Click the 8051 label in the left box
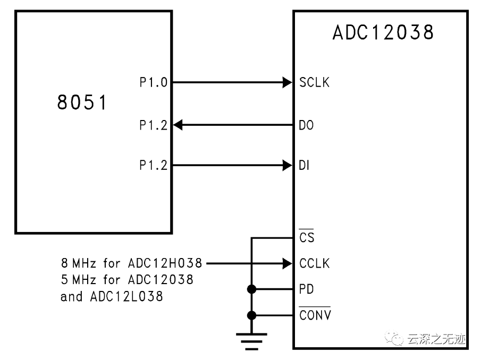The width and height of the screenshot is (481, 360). pyautogui.click(x=82, y=103)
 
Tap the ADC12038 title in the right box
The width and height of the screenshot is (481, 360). pyautogui.click(x=383, y=33)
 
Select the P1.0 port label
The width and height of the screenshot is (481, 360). pyautogui.click(x=153, y=82)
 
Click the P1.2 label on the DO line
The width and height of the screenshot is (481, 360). pyautogui.click(x=153, y=125)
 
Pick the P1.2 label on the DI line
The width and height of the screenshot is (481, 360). pyautogui.click(x=153, y=166)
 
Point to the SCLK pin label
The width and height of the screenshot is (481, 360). pyautogui.click(x=314, y=82)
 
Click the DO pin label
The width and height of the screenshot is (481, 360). pyautogui.click(x=307, y=125)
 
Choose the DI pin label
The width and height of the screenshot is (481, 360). pyautogui.click(x=305, y=166)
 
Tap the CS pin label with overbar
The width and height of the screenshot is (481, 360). pyautogui.click(x=307, y=237)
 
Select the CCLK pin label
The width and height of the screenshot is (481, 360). pyautogui.click(x=314, y=263)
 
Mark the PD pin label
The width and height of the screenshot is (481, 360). pyautogui.click(x=307, y=289)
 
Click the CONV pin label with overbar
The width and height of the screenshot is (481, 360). pyautogui.click(x=315, y=315)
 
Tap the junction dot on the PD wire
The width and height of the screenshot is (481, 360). pyautogui.click(x=252, y=289)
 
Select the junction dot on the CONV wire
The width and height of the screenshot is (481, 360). pyautogui.click(x=252, y=315)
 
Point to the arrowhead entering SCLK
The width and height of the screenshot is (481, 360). pyautogui.click(x=286, y=82)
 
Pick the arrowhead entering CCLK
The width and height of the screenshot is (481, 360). pyautogui.click(x=286, y=263)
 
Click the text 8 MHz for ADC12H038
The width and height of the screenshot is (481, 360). pyautogui.click(x=132, y=263)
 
